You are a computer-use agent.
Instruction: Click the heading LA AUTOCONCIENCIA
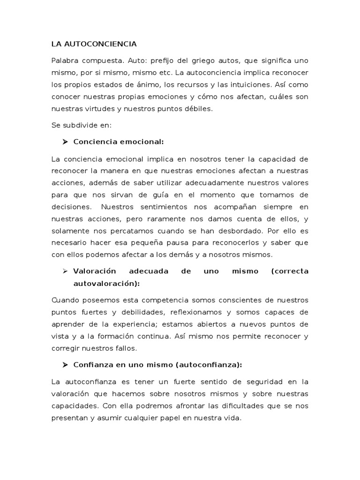[94, 45]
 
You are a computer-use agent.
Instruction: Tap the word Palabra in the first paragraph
[65, 61]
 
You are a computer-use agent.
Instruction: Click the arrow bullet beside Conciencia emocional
[65, 142]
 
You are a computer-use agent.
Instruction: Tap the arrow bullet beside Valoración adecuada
[65, 271]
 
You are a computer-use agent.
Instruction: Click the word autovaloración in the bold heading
[106, 284]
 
